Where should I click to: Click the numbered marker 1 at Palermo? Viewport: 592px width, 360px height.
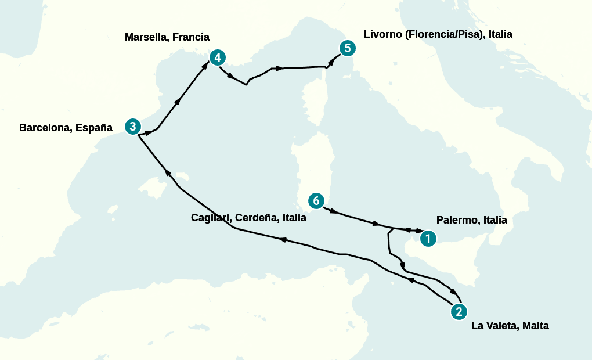click(428, 238)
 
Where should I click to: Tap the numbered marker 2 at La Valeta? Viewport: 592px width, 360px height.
click(459, 312)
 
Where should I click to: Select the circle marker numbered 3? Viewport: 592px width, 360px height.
click(133, 126)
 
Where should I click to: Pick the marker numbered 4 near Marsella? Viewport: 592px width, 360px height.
click(217, 57)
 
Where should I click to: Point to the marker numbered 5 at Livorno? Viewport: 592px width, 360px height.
click(347, 48)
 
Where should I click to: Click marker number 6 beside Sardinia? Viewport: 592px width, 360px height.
click(316, 201)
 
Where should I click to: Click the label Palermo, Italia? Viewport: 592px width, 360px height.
click(471, 220)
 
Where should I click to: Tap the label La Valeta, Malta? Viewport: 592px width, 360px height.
click(510, 326)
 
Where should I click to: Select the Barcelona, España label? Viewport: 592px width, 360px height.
click(66, 127)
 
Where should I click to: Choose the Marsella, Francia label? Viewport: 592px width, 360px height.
click(167, 37)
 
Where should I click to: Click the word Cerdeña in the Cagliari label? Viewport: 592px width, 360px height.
click(258, 218)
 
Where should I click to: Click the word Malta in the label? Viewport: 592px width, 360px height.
click(535, 326)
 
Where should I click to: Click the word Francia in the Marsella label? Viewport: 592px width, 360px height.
click(191, 37)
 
